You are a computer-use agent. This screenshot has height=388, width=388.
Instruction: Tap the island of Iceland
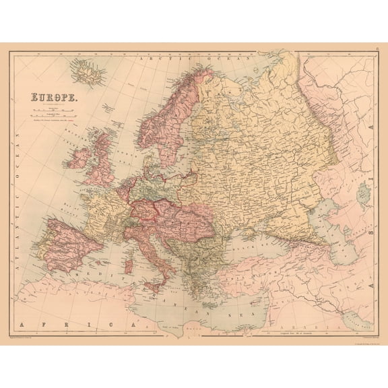point(86,69)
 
